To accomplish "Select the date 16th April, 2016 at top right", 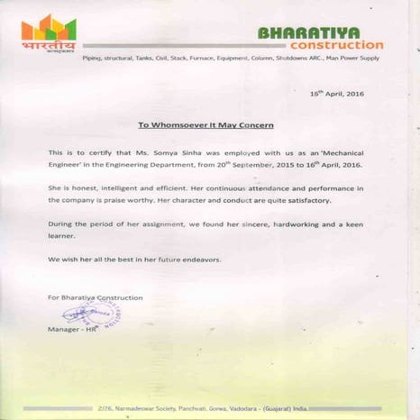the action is [x=336, y=94].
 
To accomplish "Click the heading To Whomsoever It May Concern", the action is [x=205, y=125].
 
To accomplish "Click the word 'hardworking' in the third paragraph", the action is [x=288, y=222].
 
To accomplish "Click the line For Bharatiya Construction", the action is [x=95, y=297].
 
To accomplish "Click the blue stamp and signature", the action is [x=93, y=315].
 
